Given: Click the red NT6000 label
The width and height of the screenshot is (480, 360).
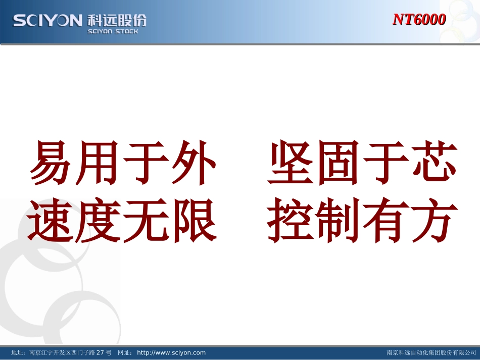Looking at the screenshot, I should [x=419, y=20].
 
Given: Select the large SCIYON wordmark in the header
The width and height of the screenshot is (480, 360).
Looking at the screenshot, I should [x=47, y=20].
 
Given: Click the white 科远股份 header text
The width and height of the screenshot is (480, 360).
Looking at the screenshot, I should [x=117, y=20].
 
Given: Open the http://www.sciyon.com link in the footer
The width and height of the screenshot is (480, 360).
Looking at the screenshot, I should [x=171, y=352].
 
